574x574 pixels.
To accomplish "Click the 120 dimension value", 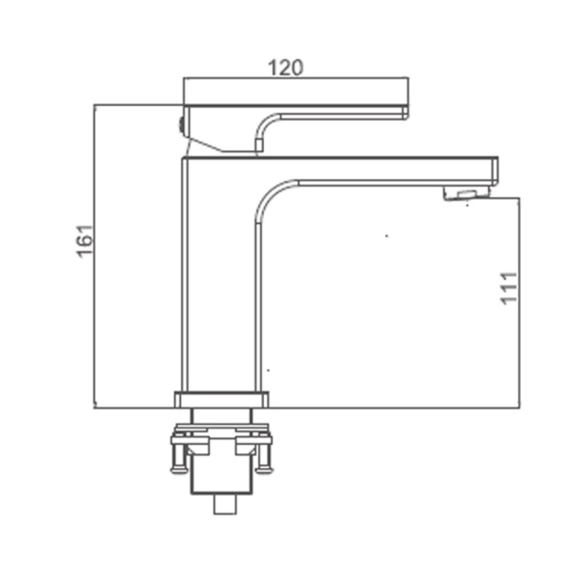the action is (286, 67).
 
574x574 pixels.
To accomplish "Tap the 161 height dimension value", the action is (85, 241).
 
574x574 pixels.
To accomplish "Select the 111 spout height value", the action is (509, 288).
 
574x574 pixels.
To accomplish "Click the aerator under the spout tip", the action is (466, 193).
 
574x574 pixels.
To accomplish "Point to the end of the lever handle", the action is (405, 112).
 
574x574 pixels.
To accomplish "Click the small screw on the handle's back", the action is (181, 124).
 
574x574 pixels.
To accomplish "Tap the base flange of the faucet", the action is (222, 399).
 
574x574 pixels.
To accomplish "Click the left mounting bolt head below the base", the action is (179, 470).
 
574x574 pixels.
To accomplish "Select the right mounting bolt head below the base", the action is (264, 469).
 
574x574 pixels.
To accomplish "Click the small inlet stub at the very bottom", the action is (225, 504).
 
